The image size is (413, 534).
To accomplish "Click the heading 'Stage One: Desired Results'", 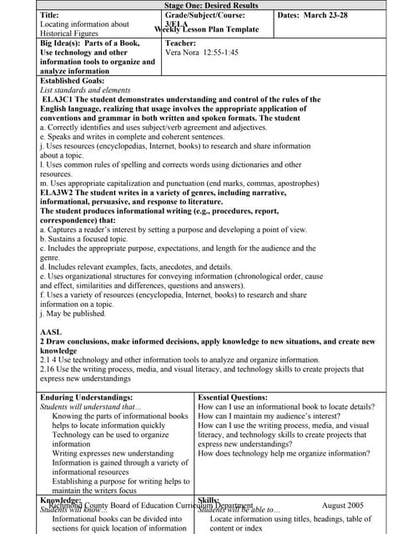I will pos(206,6).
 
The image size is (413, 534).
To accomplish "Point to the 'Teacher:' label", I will pos(180,42).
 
